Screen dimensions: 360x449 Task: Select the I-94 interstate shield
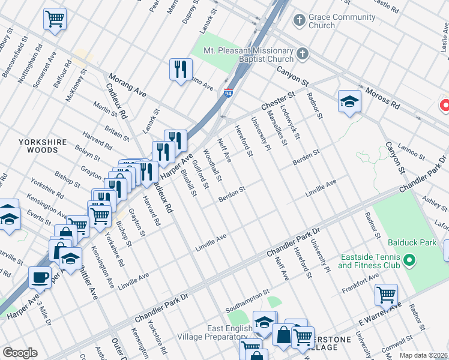tap(229, 93)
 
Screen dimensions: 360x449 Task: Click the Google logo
tap(20, 353)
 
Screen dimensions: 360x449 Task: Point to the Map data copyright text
tap(424, 355)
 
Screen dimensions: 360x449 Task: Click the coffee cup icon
tap(41, 277)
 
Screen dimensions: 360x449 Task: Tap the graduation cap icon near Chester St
tap(349, 101)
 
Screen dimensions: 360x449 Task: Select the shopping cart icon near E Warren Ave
tap(386, 295)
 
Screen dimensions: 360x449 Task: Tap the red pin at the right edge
tap(445, 105)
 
